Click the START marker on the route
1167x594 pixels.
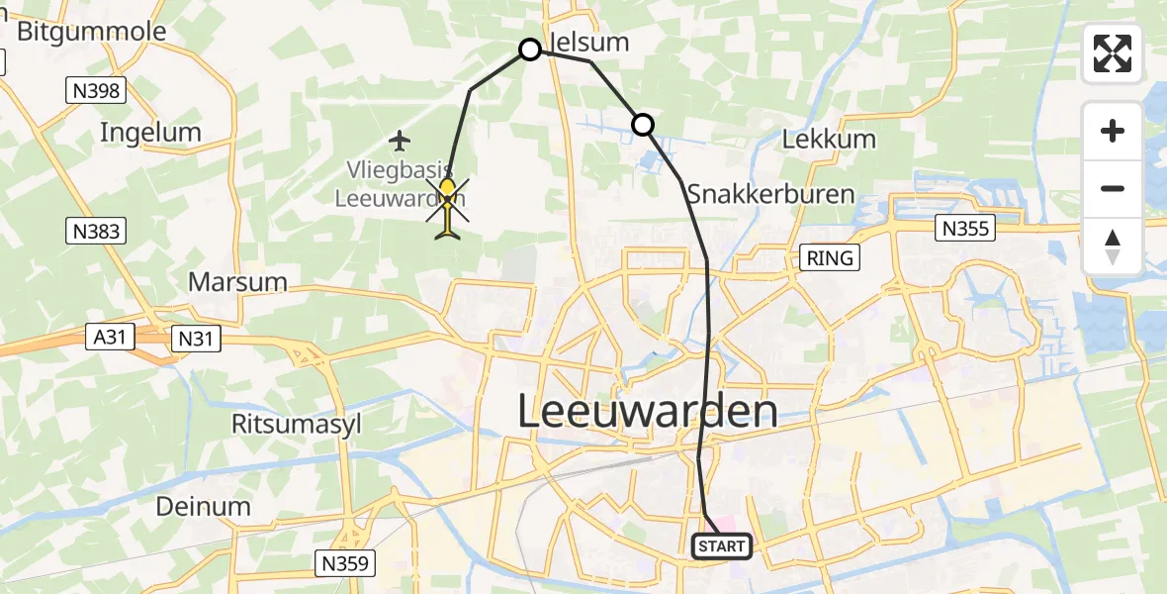coord(722,546)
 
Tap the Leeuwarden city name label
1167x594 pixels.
coord(647,411)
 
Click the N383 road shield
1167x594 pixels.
coord(97,232)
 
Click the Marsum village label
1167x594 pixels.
coord(237,282)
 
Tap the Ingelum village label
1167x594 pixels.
coord(150,133)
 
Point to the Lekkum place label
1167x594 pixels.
coord(829,139)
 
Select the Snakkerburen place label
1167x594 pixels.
coord(769,193)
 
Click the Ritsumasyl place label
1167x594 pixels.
coord(296,425)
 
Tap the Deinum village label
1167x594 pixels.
coord(203,506)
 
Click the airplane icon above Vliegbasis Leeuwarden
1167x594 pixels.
coord(400,141)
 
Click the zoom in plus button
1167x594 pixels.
coord(1113,131)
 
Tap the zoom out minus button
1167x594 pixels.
coord(1113,188)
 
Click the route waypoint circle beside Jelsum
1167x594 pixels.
coord(530,49)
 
